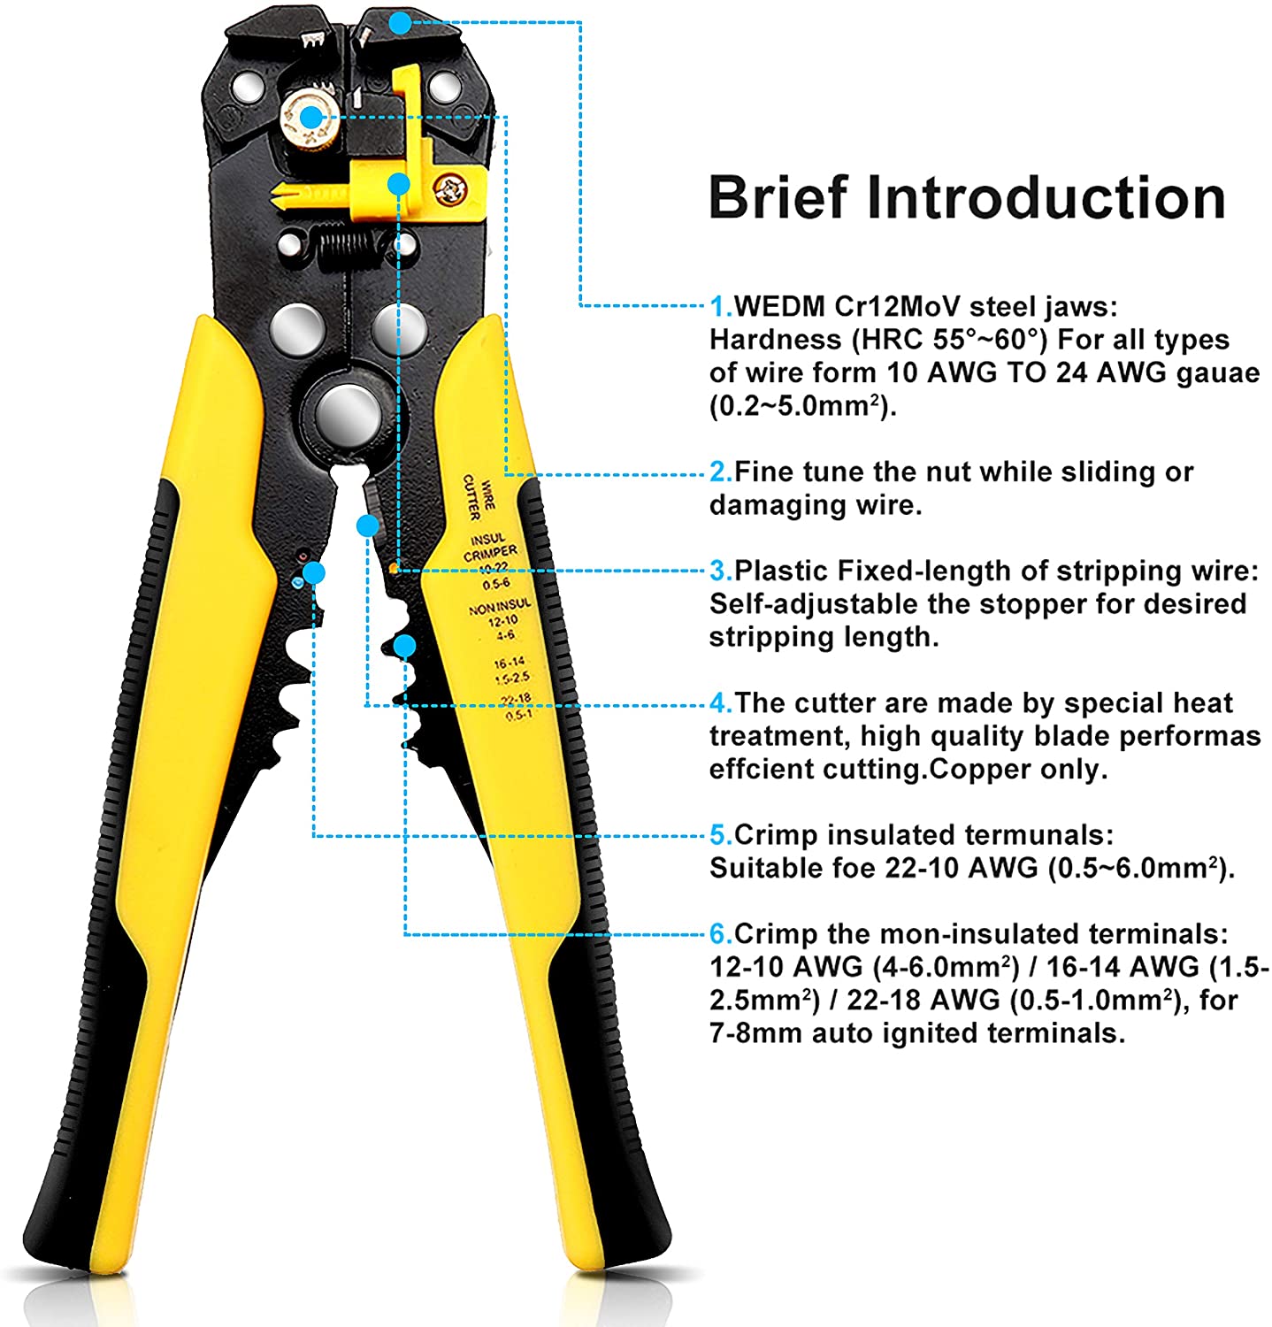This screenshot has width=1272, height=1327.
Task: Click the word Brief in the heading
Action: point(778,197)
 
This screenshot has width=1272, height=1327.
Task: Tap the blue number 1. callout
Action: point(721,307)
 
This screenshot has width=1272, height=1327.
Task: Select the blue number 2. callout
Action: point(721,472)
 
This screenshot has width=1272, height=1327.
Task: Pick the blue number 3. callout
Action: point(721,571)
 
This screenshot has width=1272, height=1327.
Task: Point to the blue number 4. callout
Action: point(721,703)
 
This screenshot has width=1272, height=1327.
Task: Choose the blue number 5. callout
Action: point(721,835)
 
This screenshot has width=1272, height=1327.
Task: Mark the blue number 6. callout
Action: point(721,934)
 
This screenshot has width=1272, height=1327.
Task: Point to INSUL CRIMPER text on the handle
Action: point(490,547)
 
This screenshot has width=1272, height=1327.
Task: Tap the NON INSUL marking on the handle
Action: point(500,608)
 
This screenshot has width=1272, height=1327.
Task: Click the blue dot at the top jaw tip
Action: point(401,23)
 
